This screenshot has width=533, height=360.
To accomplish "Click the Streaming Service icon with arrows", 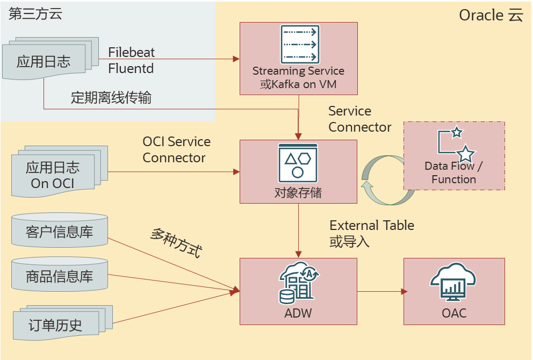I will point(299,44).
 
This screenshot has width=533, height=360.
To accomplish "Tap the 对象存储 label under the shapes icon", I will point(298,192).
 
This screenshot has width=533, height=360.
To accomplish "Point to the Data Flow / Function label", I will point(453,172).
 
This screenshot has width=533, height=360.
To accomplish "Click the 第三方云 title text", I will point(35,14).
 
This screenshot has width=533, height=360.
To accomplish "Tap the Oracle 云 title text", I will point(491,15).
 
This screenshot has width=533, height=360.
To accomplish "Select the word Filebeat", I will point(132,52).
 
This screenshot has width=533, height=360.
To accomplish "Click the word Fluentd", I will point(131,68).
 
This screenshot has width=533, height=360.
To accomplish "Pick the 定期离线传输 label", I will point(111,98).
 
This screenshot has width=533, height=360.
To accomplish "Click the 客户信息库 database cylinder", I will point(60,232).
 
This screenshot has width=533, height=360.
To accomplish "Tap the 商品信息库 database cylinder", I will point(60,276).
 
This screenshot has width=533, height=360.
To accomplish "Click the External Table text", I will point(372,225).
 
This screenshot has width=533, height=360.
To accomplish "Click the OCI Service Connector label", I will point(176,149).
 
